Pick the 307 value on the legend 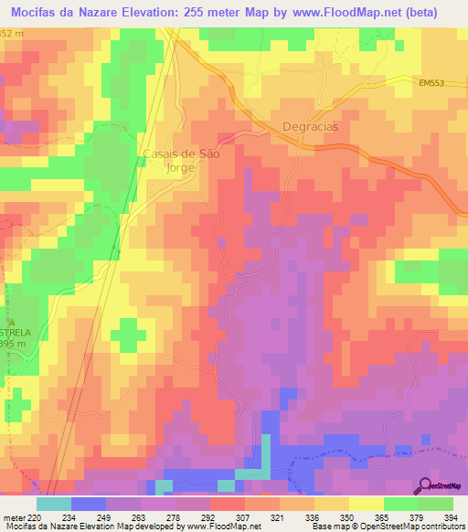[244, 516]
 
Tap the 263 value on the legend [140, 516]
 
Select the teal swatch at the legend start [54, 504]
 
